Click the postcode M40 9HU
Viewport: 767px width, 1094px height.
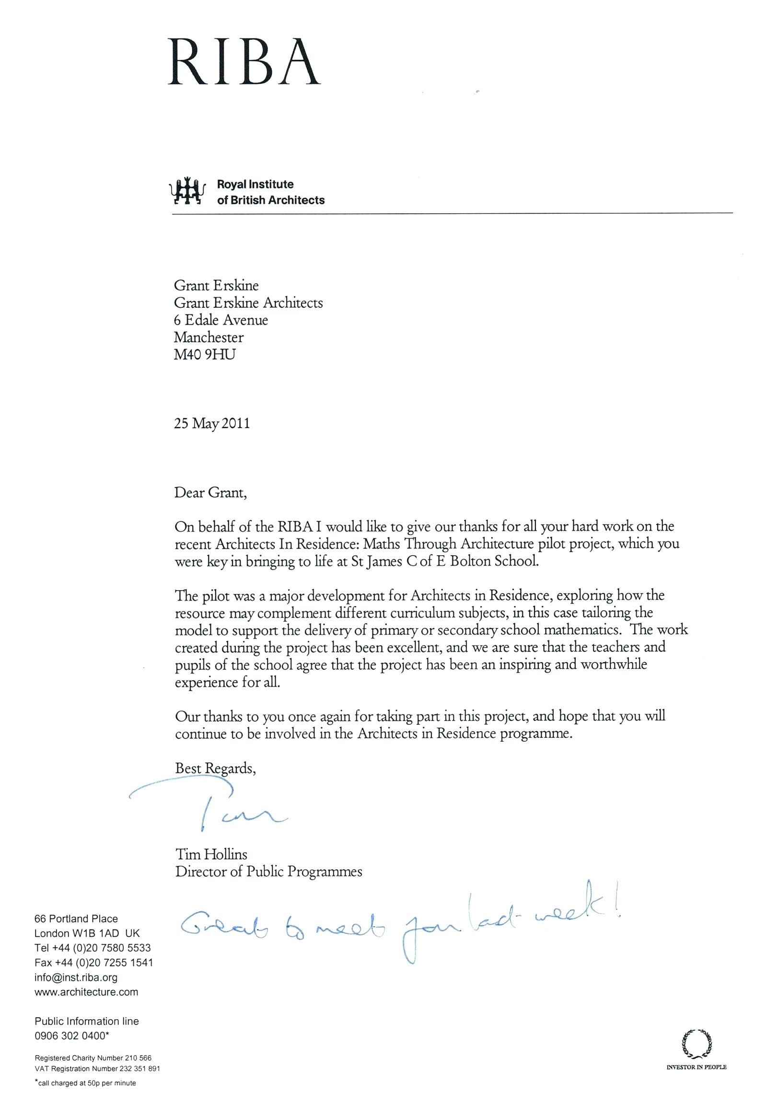point(205,354)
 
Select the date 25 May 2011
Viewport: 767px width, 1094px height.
point(212,423)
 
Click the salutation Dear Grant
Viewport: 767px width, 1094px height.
point(210,492)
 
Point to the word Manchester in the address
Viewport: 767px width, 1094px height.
point(209,337)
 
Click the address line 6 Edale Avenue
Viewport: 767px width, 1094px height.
point(221,320)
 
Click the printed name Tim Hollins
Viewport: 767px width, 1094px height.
point(211,854)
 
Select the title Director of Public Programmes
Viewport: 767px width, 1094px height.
point(268,871)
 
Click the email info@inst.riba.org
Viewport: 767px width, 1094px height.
point(76,977)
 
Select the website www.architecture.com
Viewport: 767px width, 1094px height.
point(86,992)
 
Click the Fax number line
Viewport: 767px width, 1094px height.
point(93,962)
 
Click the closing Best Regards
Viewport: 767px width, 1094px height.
point(215,768)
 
